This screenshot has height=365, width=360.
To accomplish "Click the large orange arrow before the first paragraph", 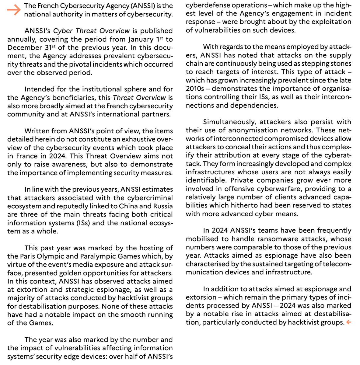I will coord(14,10).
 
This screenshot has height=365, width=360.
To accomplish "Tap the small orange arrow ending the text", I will coord(349,322).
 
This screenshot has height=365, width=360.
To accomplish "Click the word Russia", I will coord(161,206).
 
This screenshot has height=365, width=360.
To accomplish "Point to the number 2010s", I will coord(195,89).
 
